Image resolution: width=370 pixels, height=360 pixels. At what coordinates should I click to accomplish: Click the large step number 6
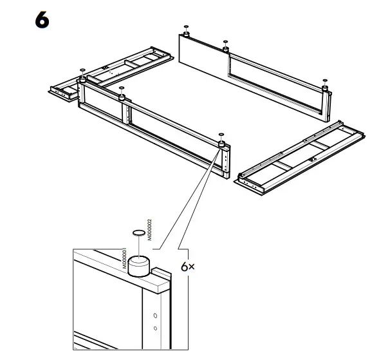tap(41, 21)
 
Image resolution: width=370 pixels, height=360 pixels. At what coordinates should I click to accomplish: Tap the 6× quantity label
tap(187, 266)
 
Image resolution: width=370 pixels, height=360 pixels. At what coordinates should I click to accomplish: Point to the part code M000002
tap(149, 229)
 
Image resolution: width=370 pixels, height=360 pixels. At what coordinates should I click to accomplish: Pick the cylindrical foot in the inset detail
tap(139, 266)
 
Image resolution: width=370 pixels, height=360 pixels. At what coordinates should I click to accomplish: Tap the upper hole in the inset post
tap(154, 316)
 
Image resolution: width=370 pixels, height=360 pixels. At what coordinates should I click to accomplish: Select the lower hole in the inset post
tap(154, 328)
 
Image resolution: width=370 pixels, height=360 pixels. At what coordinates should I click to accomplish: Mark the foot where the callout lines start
tap(221, 144)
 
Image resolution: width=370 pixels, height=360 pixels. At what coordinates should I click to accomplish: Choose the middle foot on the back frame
tap(226, 47)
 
